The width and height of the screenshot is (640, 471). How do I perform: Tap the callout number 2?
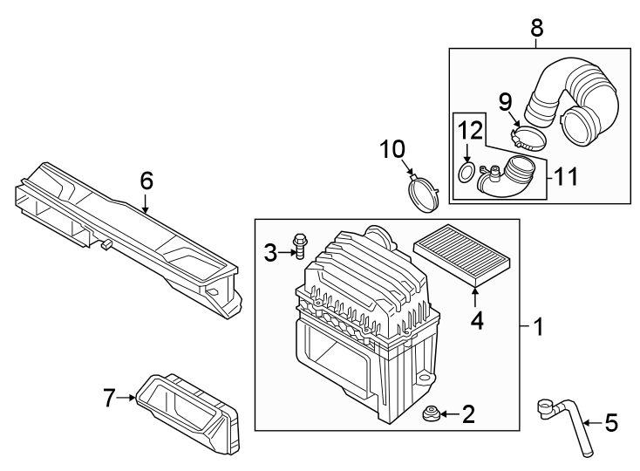pyautogui.click(x=468, y=413)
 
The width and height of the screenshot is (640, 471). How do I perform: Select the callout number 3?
pyautogui.click(x=271, y=253)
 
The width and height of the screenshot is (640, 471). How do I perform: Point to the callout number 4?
pyautogui.click(x=477, y=321)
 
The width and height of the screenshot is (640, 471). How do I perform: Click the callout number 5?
pyautogui.click(x=610, y=424)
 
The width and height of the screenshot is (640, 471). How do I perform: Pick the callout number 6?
pyautogui.click(x=146, y=181)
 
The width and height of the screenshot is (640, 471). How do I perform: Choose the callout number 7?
pyautogui.click(x=109, y=399)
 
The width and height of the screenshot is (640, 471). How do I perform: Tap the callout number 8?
pyautogui.click(x=536, y=28)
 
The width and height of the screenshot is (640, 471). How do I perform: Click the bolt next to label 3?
pyautogui.click(x=300, y=246)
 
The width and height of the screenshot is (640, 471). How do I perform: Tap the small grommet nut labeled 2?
pyautogui.click(x=429, y=413)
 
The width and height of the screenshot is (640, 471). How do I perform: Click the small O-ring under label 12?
pyautogui.click(x=466, y=173)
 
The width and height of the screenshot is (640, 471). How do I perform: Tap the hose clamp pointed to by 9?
pyautogui.click(x=529, y=138)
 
